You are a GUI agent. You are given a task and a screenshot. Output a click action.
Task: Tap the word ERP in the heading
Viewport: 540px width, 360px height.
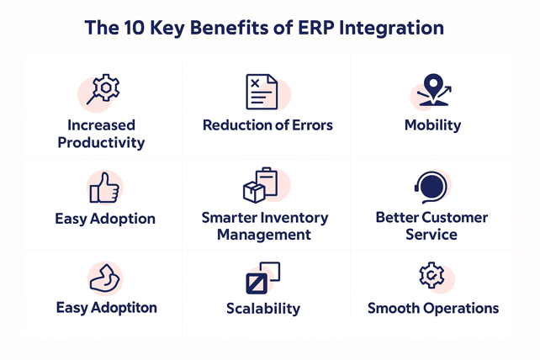click(315, 28)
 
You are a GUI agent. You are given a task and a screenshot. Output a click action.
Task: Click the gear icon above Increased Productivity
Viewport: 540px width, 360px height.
click(103, 89)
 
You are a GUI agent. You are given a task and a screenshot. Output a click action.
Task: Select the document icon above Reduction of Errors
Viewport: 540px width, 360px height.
click(262, 92)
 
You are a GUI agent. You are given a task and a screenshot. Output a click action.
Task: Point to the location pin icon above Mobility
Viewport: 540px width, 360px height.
click(434, 90)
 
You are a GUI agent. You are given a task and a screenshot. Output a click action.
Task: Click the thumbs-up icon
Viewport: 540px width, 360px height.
click(104, 188)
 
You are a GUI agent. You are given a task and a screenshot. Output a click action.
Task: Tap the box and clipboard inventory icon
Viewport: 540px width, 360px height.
click(261, 185)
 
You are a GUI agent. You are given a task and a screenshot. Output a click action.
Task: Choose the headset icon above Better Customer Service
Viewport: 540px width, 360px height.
click(431, 188)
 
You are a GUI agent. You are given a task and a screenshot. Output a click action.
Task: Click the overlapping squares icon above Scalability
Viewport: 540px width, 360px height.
click(263, 278)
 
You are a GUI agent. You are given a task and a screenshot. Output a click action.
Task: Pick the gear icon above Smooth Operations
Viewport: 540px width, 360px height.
click(431, 275)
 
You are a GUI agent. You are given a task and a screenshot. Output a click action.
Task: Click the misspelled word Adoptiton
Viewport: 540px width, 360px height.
click(124, 308)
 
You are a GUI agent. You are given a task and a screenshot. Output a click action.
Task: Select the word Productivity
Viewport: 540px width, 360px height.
click(101, 143)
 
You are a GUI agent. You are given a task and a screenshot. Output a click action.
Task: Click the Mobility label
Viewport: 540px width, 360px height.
click(432, 125)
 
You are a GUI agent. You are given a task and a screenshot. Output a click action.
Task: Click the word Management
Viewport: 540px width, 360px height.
click(264, 235)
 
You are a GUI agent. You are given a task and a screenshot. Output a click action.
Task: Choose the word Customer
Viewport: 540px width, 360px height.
click(455, 217)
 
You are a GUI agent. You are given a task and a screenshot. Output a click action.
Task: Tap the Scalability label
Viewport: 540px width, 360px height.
click(263, 309)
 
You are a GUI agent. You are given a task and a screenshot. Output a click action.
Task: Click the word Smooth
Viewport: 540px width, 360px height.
click(394, 308)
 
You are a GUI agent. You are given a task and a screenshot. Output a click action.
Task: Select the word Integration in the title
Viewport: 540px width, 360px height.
click(391, 29)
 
